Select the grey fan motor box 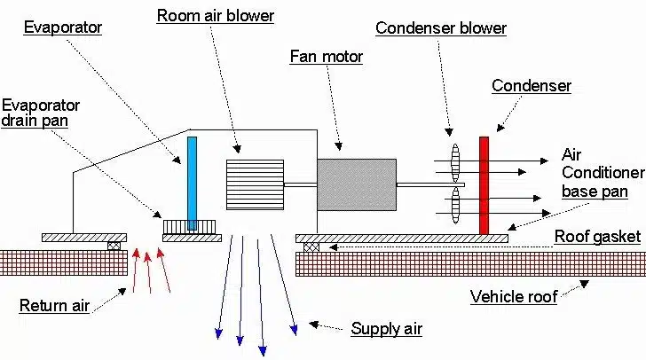(x=356, y=184)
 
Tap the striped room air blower (x=255, y=184)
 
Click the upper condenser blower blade (x=455, y=163)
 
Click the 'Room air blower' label (x=216, y=15)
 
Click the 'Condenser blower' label (x=441, y=27)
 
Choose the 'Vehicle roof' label (x=514, y=296)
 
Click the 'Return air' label (x=54, y=306)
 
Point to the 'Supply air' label (x=386, y=329)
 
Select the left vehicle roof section (x=63, y=262)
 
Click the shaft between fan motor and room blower (x=300, y=184)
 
